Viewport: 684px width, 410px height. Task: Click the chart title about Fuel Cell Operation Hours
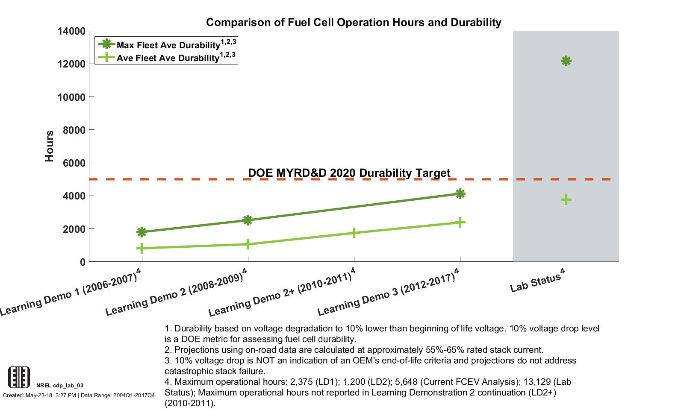click(x=354, y=22)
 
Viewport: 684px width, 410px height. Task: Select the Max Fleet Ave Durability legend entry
click(x=167, y=44)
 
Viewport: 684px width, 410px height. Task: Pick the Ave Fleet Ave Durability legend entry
click(x=167, y=58)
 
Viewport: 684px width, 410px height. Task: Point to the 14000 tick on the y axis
click(x=71, y=31)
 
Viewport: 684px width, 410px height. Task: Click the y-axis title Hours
click(x=50, y=146)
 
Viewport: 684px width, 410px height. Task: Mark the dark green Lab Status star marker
click(x=566, y=61)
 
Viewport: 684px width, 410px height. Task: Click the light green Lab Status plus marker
click(x=566, y=199)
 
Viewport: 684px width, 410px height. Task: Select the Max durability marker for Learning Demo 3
click(x=460, y=194)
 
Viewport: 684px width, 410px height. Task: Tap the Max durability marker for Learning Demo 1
click(x=142, y=232)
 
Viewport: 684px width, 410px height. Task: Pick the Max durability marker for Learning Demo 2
click(x=248, y=220)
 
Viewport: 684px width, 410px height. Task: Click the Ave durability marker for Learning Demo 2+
click(x=354, y=233)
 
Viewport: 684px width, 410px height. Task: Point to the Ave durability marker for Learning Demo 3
click(x=460, y=222)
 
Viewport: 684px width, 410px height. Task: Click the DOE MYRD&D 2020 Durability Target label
click(x=349, y=173)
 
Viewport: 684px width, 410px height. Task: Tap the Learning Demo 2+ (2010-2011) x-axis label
click(x=281, y=295)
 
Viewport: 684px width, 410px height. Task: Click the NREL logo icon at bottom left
click(x=19, y=377)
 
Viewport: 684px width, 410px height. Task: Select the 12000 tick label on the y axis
click(x=71, y=64)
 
